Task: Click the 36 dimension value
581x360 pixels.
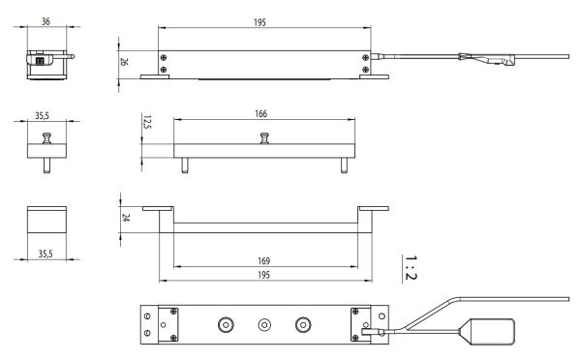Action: (x=46, y=21)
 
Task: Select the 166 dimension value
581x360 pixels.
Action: (x=260, y=113)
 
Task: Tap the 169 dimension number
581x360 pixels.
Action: (x=263, y=260)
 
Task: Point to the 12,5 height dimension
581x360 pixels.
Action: (x=147, y=122)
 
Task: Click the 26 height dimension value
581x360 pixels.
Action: (x=124, y=61)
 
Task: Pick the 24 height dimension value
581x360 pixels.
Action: (x=126, y=218)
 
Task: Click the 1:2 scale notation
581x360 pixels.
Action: (x=411, y=267)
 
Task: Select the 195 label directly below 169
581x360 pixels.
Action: (x=263, y=275)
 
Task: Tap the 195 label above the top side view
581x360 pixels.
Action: (x=260, y=22)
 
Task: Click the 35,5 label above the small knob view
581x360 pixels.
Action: (x=42, y=115)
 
